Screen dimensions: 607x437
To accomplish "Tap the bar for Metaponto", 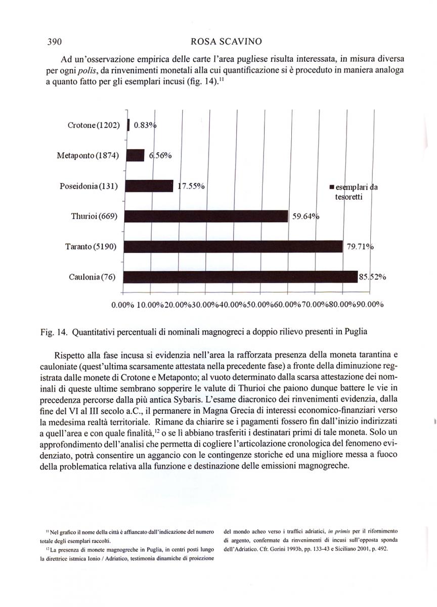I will pos(135,155).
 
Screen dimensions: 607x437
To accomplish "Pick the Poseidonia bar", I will pos(149,186).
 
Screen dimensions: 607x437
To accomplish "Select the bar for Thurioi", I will pos(206,216).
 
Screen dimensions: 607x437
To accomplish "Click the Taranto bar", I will pos(233,247).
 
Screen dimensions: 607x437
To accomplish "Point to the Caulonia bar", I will pos(241,277).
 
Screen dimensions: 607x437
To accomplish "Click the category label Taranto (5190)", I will pos(92,247).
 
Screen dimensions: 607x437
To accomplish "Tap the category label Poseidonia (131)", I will pos(89,186).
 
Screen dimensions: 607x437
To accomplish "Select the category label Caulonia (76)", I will pos(93,277).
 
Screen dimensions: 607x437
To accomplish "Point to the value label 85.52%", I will pos(373,277).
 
